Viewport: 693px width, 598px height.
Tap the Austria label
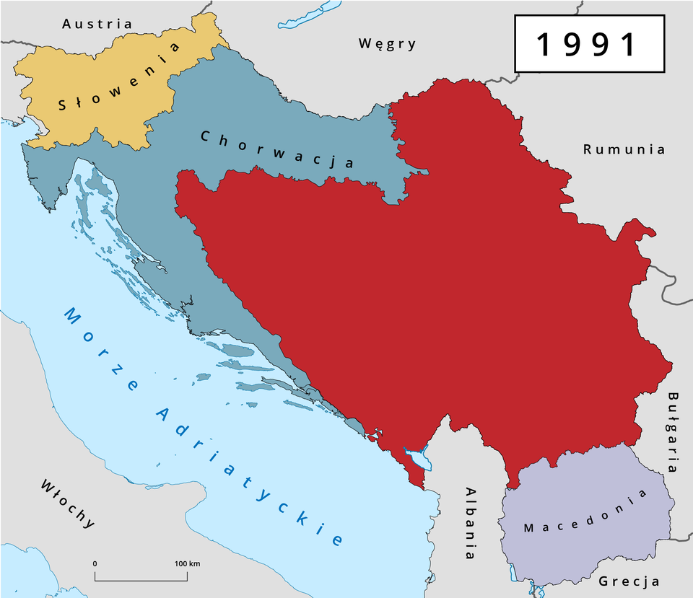97,24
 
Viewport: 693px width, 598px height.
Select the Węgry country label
388,44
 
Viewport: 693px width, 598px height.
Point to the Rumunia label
624,149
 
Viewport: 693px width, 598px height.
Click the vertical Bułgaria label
673,431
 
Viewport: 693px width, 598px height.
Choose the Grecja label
629,581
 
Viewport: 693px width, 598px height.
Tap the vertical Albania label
471,523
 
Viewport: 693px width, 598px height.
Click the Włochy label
68,504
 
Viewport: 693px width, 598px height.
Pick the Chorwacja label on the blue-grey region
277,149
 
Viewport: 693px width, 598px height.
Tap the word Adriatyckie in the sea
249,476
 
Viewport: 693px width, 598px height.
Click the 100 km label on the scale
187,563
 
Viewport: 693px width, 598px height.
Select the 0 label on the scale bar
95,563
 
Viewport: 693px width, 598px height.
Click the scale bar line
141,579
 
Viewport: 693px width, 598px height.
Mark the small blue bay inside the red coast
418,459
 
